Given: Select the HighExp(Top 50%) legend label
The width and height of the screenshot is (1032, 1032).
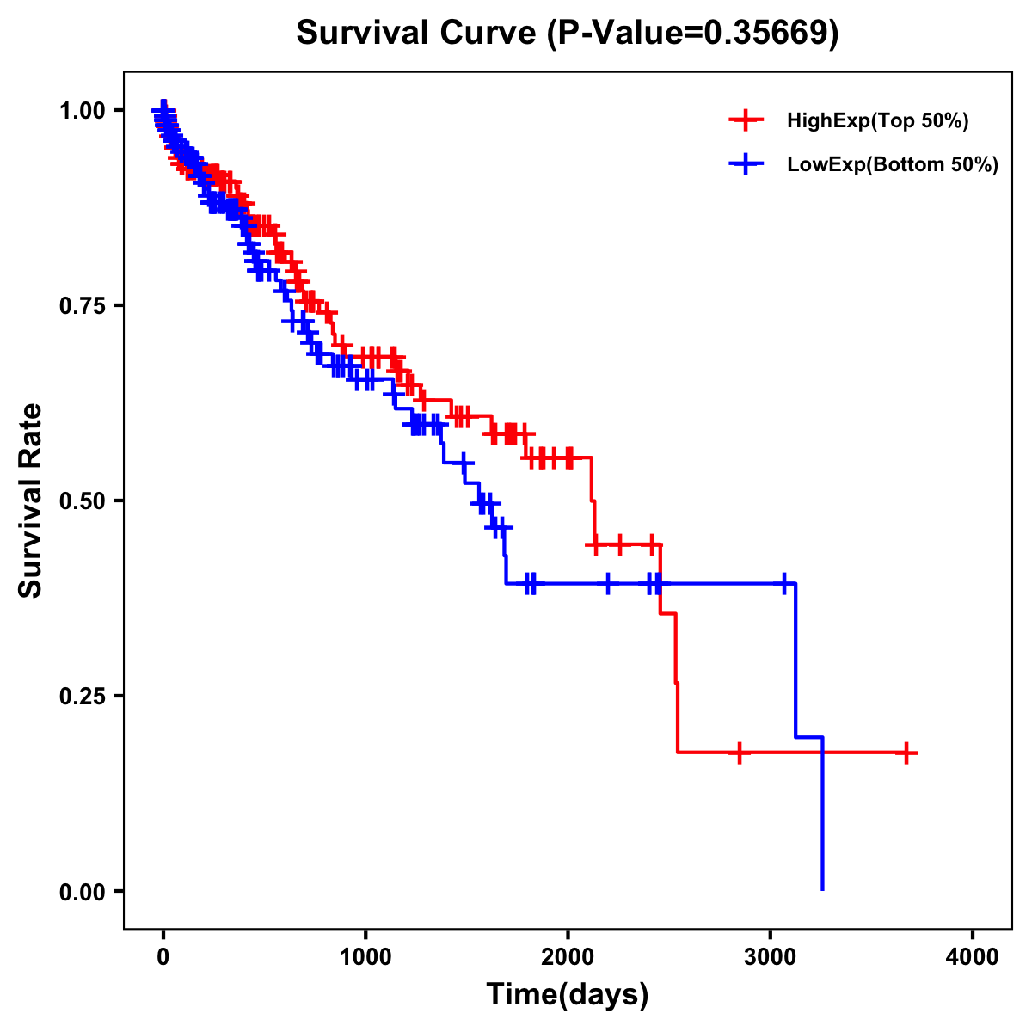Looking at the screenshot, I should tap(877, 120).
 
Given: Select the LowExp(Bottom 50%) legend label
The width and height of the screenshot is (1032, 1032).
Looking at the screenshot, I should tap(893, 164).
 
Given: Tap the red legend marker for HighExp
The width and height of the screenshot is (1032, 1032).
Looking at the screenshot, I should tap(746, 120).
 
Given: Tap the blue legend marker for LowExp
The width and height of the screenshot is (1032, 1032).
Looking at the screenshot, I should tap(746, 164).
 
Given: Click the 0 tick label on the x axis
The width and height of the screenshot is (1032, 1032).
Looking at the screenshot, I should tap(163, 956).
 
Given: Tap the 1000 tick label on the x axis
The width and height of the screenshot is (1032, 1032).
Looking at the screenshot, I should tap(365, 956).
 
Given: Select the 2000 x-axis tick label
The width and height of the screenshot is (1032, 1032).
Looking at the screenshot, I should tap(568, 956).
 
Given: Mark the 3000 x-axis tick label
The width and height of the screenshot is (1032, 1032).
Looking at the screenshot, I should tap(771, 956).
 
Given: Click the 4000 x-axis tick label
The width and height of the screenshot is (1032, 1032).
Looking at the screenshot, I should tap(973, 956).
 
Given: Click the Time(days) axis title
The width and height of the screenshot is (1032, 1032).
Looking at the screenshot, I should tap(568, 995).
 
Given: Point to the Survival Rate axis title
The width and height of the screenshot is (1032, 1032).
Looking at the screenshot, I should tap(31, 501).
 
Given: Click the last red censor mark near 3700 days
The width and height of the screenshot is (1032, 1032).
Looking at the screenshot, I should tap(906, 752).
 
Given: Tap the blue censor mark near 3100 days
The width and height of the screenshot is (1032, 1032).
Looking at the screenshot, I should tap(784, 583).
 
